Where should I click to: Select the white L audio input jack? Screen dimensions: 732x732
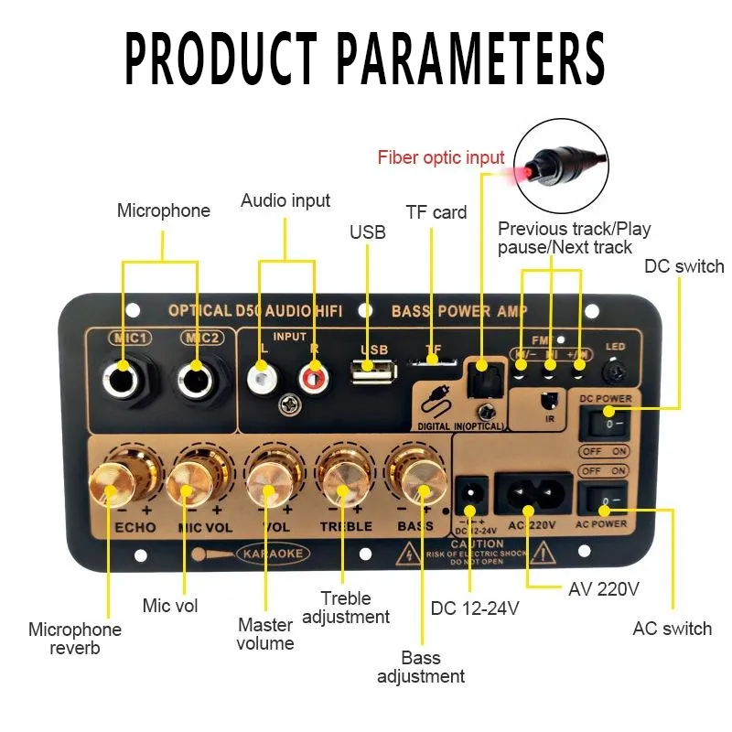click(263, 373)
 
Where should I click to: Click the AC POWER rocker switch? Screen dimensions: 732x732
click(603, 500)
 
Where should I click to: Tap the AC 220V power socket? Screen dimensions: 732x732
click(530, 495)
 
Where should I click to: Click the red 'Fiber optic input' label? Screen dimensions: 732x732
click(441, 157)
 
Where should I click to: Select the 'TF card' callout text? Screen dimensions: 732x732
click(436, 212)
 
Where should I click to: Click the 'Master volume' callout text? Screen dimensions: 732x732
click(265, 634)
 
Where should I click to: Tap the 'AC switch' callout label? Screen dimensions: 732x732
click(672, 629)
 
